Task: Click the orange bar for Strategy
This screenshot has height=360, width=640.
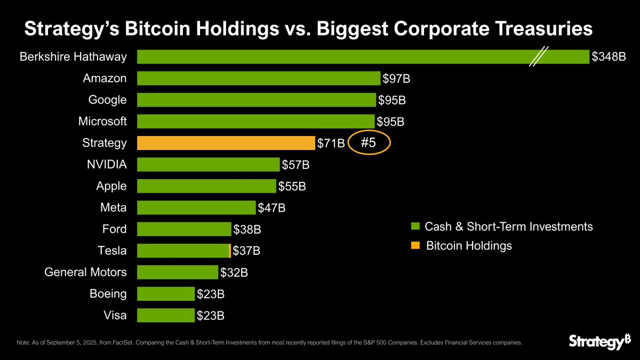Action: (x=226, y=143)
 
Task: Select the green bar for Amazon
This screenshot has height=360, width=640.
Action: (x=259, y=78)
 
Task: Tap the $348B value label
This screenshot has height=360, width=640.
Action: (x=608, y=57)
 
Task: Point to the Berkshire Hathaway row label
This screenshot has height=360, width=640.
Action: (x=73, y=57)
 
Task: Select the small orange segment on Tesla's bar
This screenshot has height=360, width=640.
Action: (x=229, y=250)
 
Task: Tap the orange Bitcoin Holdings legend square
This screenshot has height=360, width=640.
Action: (x=415, y=245)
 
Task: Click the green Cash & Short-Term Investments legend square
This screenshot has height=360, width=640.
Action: (x=415, y=227)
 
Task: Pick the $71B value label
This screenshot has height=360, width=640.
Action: (x=331, y=143)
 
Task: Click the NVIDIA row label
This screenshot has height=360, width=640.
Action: (x=107, y=164)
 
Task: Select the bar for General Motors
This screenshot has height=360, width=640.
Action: (x=178, y=272)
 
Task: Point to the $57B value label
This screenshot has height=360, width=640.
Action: (x=295, y=165)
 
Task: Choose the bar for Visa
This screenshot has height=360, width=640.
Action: (x=166, y=315)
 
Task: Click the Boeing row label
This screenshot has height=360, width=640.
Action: (x=108, y=294)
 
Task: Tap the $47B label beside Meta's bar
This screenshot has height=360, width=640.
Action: (x=271, y=208)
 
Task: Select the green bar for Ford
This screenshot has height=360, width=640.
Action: (x=184, y=229)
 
